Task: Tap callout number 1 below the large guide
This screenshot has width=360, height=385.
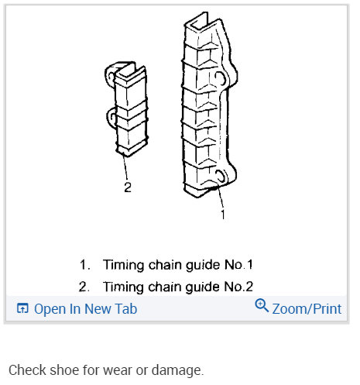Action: pos(223,215)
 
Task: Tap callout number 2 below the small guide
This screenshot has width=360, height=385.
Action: pos(128,185)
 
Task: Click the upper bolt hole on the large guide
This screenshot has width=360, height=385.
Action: pos(222,79)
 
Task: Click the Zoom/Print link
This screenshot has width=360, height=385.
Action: pos(307,308)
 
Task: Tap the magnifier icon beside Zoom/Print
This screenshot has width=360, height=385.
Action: pos(262,307)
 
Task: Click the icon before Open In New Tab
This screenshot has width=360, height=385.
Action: pos(22,308)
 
